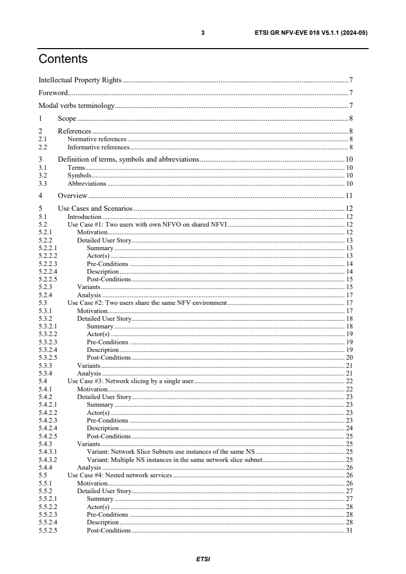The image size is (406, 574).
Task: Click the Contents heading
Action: (x=63, y=59)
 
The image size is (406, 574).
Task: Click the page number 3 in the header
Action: (x=203, y=33)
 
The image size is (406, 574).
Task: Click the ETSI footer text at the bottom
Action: (x=203, y=559)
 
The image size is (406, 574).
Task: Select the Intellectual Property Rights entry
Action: (x=80, y=80)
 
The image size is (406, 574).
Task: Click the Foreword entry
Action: (x=53, y=93)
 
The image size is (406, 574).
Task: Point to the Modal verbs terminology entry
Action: (x=77, y=106)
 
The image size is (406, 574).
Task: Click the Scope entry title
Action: (x=67, y=119)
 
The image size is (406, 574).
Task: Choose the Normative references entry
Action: (x=97, y=139)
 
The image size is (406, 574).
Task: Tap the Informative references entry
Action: (x=98, y=147)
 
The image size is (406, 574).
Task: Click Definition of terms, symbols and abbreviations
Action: (x=128, y=159)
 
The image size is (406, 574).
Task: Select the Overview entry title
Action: (x=73, y=195)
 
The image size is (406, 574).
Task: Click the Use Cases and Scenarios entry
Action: (x=95, y=208)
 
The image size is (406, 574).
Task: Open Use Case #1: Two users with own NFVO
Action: (x=147, y=225)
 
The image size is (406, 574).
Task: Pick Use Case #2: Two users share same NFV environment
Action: (x=147, y=303)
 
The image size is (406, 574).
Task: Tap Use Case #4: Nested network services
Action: (x=120, y=475)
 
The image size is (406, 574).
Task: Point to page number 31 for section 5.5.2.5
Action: (x=349, y=531)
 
